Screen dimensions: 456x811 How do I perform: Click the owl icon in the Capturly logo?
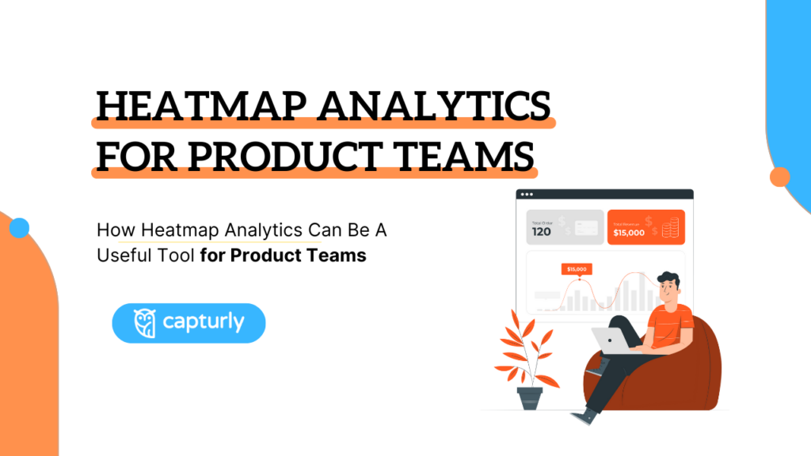144,323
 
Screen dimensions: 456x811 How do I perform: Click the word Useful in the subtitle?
120,256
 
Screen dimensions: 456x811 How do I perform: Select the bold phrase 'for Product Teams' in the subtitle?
283,256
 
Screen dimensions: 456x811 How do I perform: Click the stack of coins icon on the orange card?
670,230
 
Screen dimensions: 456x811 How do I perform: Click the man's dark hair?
669,279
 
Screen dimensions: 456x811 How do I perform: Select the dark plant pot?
530,397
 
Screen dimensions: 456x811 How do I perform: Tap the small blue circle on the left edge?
19,229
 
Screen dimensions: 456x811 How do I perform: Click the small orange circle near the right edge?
780,177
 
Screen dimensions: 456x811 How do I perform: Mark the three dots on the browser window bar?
527,194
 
